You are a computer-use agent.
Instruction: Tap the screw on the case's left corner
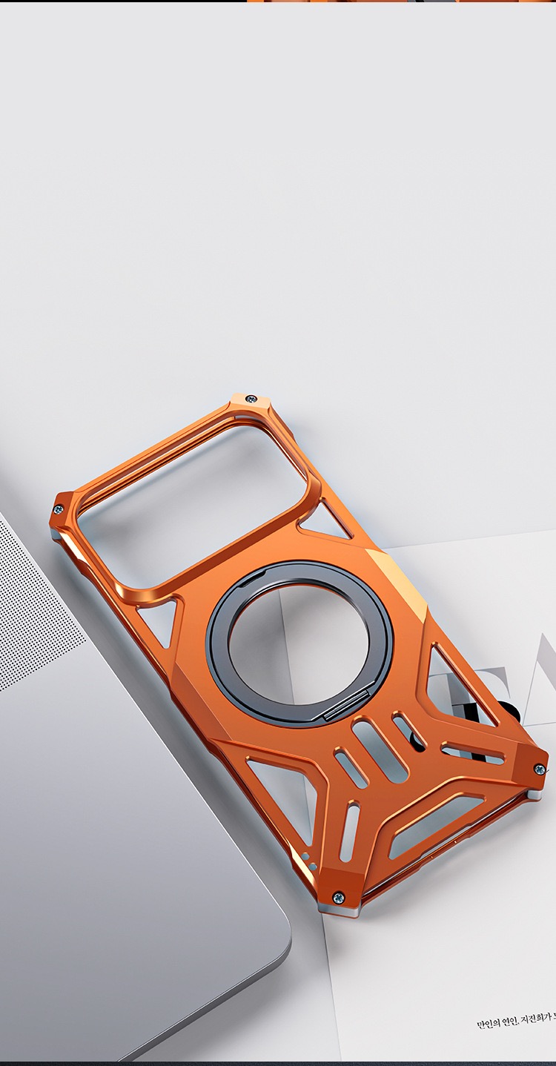59,509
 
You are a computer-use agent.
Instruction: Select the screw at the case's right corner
539,769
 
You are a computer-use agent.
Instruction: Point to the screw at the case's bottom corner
338,897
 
